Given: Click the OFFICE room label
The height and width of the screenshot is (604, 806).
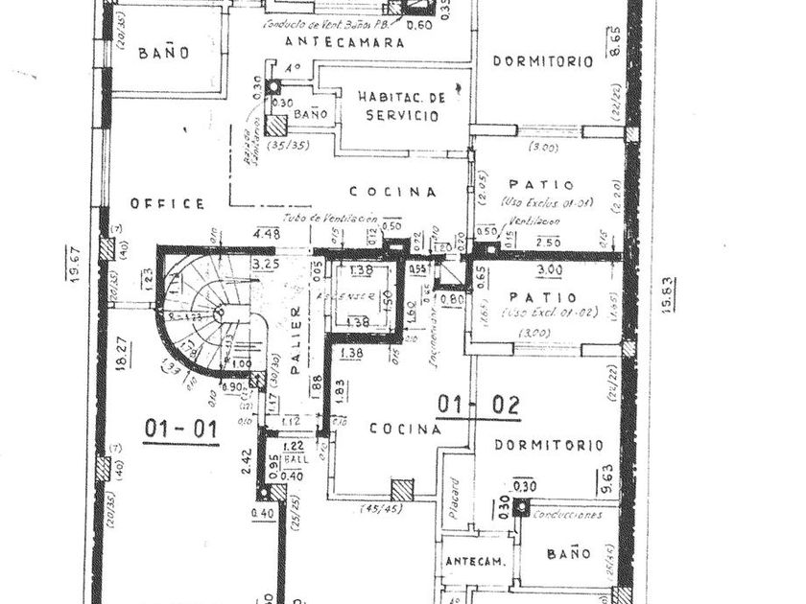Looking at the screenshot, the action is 168,203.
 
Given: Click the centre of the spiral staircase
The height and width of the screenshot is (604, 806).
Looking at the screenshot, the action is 220,313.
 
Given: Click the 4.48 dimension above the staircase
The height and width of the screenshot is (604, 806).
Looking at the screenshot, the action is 266,233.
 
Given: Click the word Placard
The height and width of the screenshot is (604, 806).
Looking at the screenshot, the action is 455,499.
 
